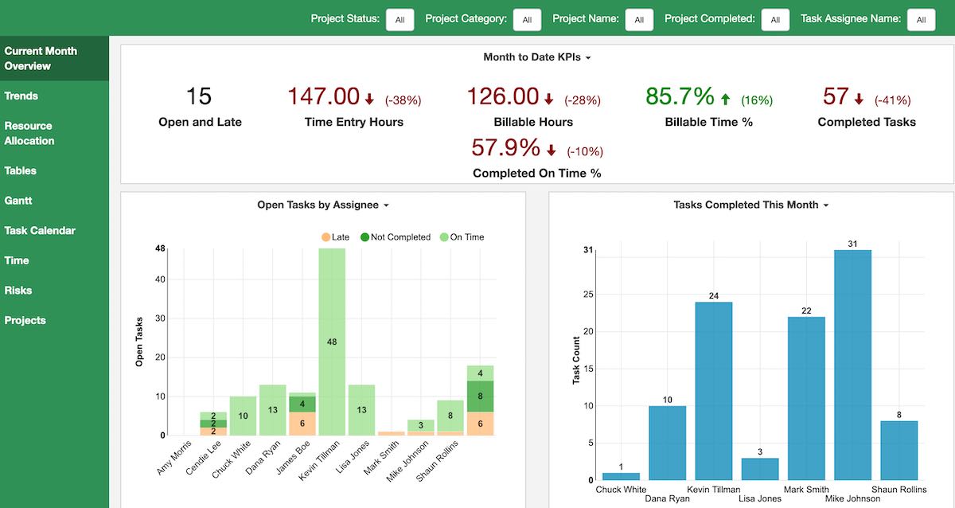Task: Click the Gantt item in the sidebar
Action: (18, 201)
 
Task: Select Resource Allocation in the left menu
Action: (29, 133)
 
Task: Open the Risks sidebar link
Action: (18, 291)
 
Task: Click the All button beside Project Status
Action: (400, 20)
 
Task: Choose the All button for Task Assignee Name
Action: (921, 20)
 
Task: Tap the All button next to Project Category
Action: (527, 20)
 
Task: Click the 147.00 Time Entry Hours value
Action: (323, 96)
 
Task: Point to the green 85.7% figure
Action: (680, 96)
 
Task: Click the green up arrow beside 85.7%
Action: (725, 100)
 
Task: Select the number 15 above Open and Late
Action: (199, 96)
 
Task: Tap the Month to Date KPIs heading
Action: (537, 57)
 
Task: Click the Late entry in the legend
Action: (334, 237)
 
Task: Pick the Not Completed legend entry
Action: (395, 237)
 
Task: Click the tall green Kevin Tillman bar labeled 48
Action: (332, 342)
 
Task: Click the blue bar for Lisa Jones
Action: (760, 469)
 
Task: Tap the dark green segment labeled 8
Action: (480, 396)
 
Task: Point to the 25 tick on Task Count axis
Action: (589, 295)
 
